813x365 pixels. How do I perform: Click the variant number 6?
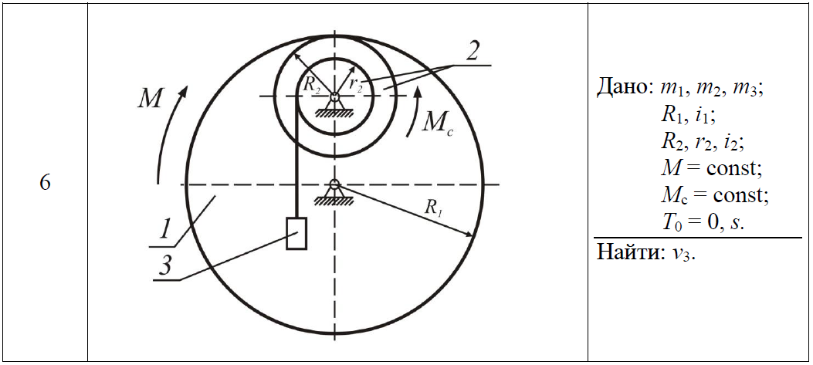45,184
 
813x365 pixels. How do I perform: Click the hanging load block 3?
296,233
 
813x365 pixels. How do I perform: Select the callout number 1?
164,228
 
